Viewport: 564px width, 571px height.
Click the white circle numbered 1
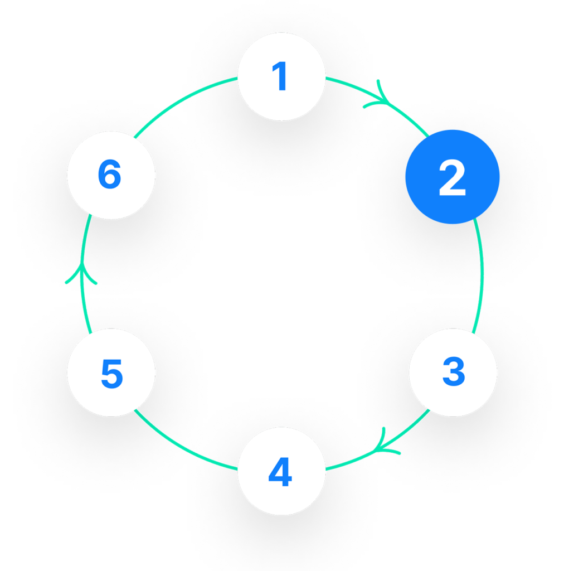coord(281,76)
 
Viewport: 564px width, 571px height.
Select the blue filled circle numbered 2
coord(452,177)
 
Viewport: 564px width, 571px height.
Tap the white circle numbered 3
coord(453,372)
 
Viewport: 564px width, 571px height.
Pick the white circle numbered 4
coord(281,472)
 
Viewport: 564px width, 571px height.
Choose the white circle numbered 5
coord(111,372)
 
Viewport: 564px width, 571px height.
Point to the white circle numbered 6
coord(110,175)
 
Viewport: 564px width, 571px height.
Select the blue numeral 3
coord(453,372)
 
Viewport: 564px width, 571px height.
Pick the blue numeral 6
coord(110,175)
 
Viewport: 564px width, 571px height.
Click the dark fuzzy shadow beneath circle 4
coord(281,535)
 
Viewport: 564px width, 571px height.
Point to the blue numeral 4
coord(280,473)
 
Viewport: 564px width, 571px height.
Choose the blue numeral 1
coord(280,76)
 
